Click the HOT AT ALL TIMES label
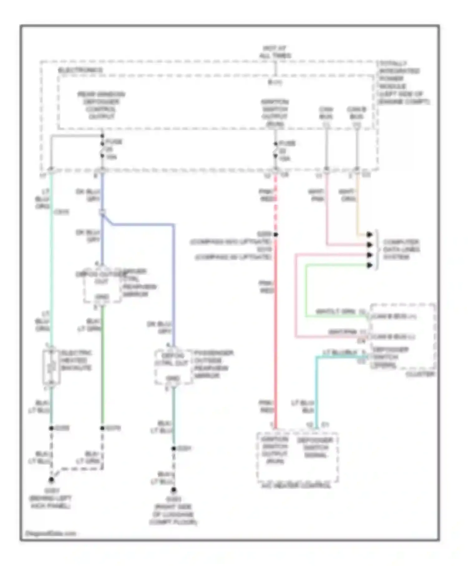pos(275,52)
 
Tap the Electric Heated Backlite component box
pos(51,367)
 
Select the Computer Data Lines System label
pos(401,249)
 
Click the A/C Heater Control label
pos(295,485)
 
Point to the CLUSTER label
pos(420,374)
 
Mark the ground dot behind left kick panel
pos(51,480)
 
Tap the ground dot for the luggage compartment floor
pos(174,490)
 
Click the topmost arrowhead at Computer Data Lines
pos(369,235)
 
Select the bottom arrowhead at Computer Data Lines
pos(369,265)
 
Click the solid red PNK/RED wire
pos(275,343)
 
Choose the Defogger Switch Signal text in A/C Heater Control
pos(315,448)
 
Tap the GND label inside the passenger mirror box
pos(173,379)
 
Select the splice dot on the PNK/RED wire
pos(276,235)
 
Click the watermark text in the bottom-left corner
pos(51,533)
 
